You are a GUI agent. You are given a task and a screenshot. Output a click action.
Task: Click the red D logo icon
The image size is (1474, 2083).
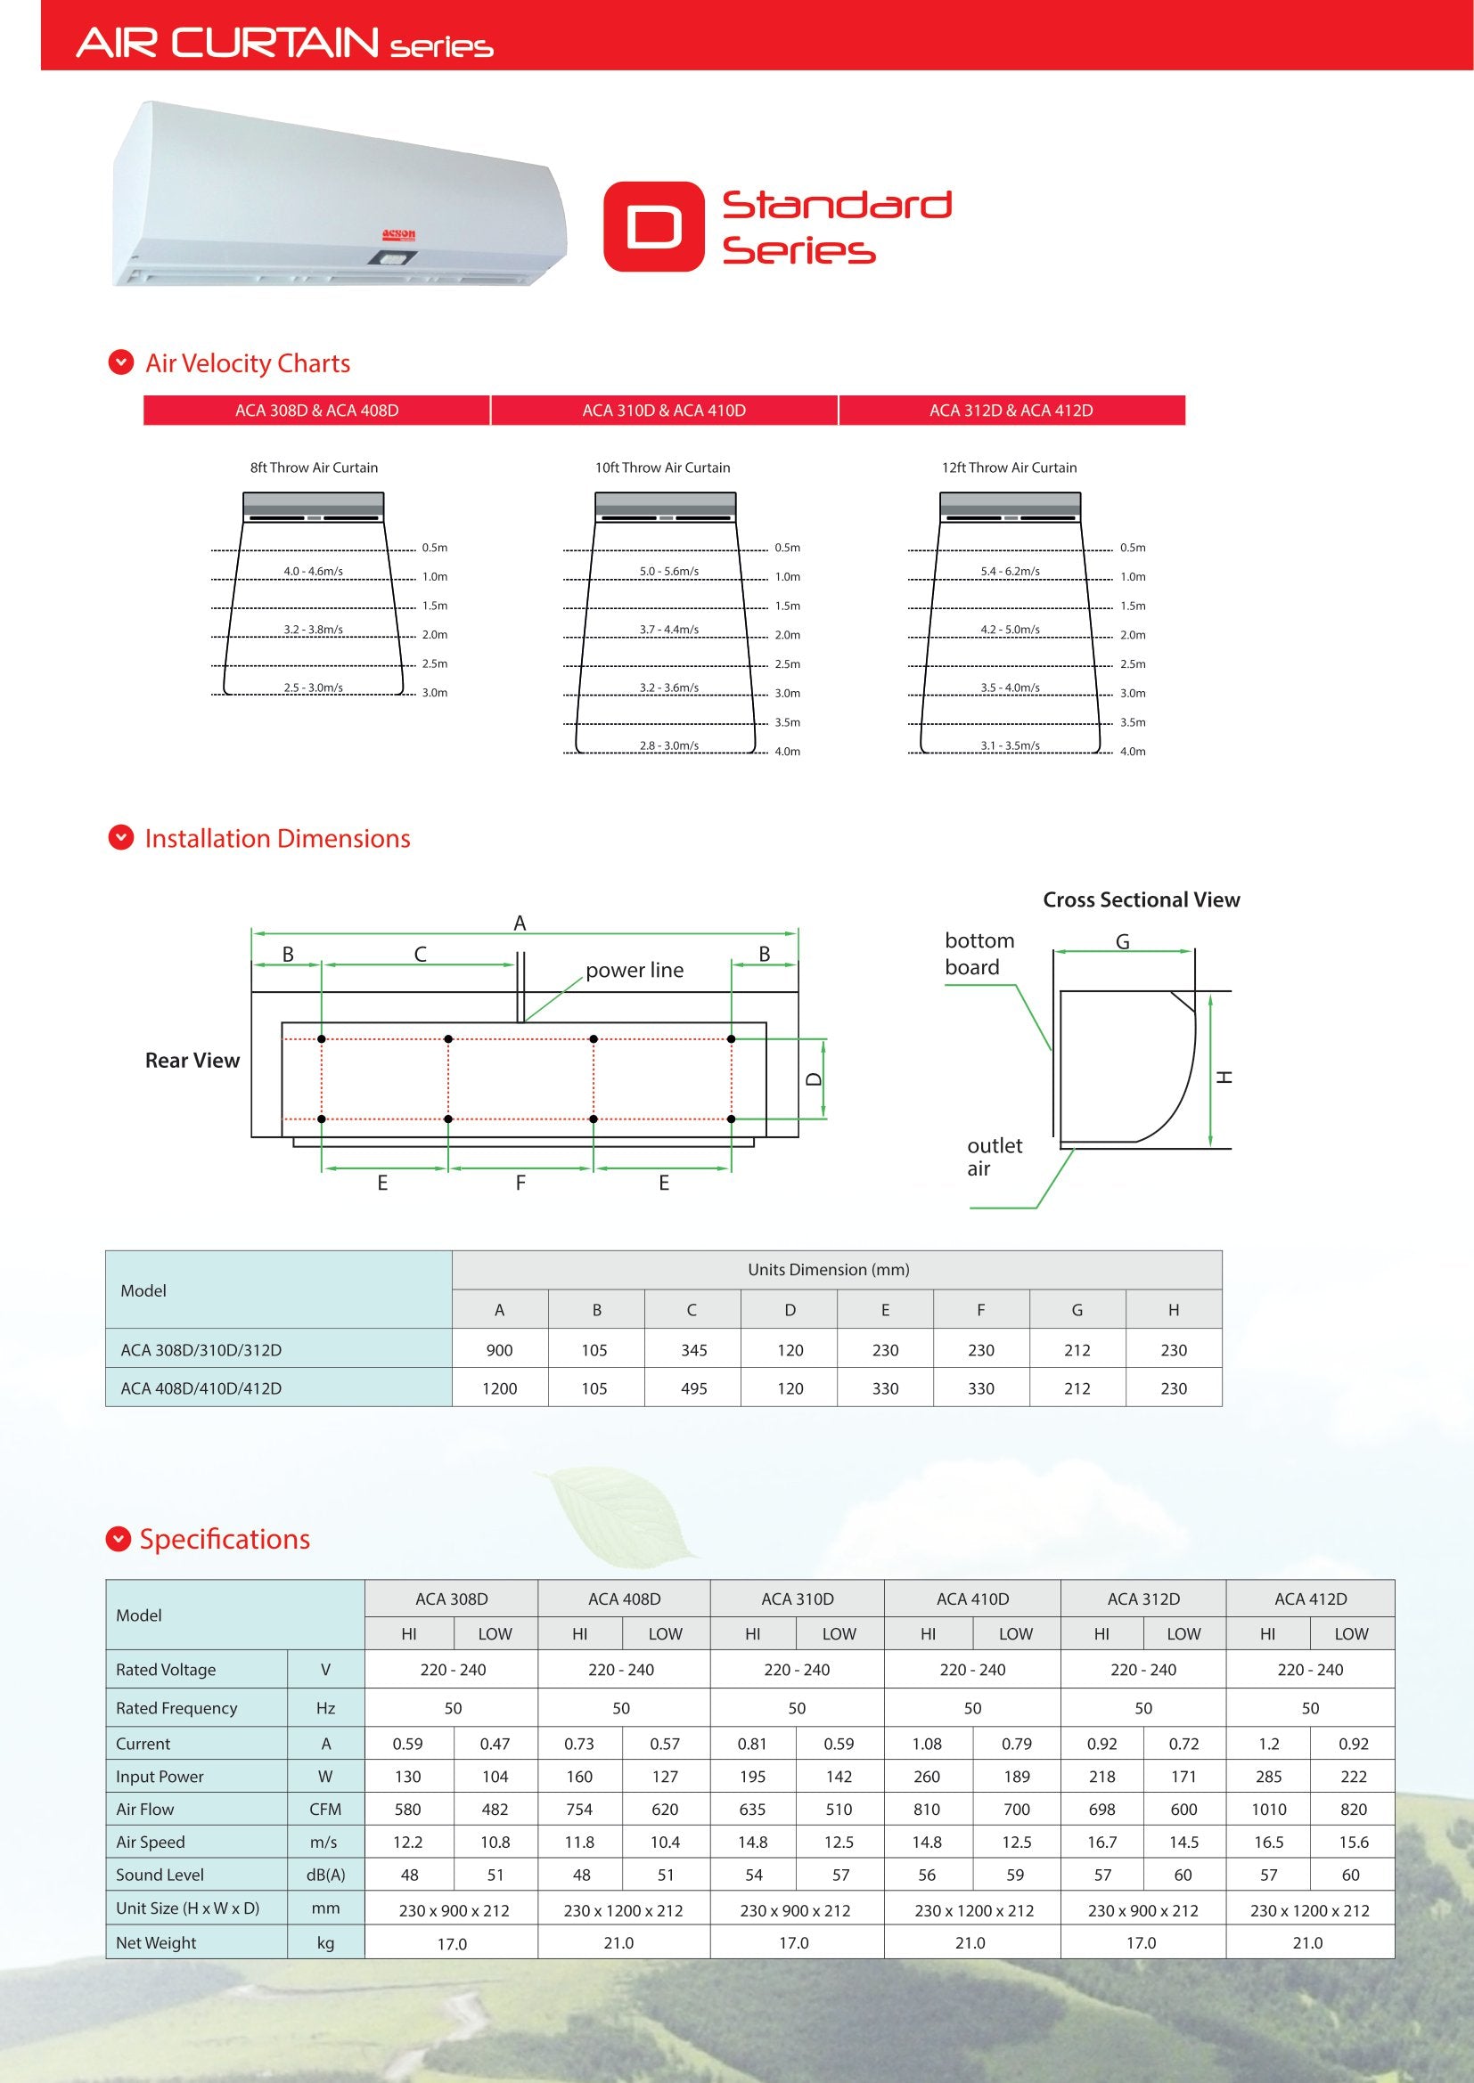(x=653, y=227)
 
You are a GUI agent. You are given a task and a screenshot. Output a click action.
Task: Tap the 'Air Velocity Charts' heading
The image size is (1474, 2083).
(x=247, y=364)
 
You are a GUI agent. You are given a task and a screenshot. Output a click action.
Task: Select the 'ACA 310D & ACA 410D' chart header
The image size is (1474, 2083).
(x=664, y=411)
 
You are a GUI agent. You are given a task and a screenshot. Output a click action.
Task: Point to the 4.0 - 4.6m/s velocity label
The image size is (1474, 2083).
(x=313, y=572)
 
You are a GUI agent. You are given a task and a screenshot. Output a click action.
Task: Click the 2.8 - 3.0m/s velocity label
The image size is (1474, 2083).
(x=669, y=745)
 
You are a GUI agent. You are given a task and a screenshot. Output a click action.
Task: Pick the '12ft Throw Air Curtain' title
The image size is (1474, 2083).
(x=1010, y=468)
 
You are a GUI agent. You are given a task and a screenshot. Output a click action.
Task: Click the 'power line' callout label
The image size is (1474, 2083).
(x=635, y=970)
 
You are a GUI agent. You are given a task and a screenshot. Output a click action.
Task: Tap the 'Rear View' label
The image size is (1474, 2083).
(x=192, y=1061)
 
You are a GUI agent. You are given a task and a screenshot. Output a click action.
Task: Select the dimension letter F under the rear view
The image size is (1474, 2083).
(x=520, y=1183)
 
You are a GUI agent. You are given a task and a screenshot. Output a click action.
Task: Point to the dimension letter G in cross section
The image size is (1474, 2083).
(x=1123, y=942)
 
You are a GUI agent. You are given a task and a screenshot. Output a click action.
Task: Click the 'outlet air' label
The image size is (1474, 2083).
(x=994, y=1157)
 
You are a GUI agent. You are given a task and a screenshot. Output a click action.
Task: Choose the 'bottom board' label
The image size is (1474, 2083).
(x=979, y=954)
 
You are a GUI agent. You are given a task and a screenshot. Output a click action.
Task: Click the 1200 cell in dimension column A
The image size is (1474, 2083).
(x=499, y=1389)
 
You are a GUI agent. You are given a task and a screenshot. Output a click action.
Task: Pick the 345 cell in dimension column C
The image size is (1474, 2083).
(x=693, y=1351)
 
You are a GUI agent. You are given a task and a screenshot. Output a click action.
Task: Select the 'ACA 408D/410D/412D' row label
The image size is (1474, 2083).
(x=201, y=1389)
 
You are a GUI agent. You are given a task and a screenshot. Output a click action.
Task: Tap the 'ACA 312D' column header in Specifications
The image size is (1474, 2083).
(x=1143, y=1599)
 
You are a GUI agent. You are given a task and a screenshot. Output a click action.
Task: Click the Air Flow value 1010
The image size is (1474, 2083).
(x=1269, y=1810)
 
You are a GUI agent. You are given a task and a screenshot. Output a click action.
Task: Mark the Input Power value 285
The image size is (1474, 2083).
(x=1269, y=1778)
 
